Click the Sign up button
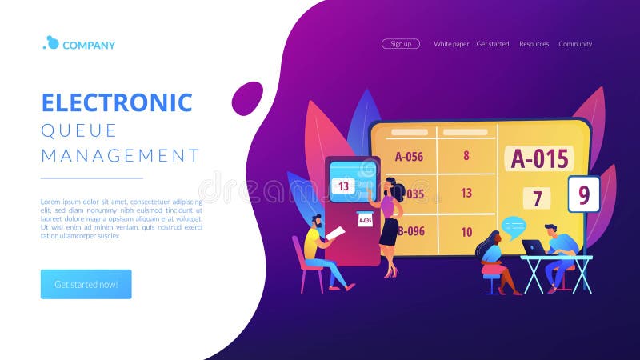pos(400,44)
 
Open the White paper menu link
pos(451,44)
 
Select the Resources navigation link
pos(534,44)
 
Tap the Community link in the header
pos(575,44)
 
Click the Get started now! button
pos(86,284)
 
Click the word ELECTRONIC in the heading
pos(117,102)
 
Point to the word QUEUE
pos(79,130)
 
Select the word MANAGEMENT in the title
pos(120,154)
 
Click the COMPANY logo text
pos(88,45)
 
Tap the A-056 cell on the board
pos(409,157)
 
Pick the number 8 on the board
pos(466,156)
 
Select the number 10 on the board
pos(466,232)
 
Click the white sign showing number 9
pos(583,194)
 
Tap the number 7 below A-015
pos(538,198)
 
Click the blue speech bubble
pos(514,226)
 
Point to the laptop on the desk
pos(532,248)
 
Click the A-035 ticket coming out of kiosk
pos(365,220)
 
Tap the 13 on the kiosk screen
pos(343,186)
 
